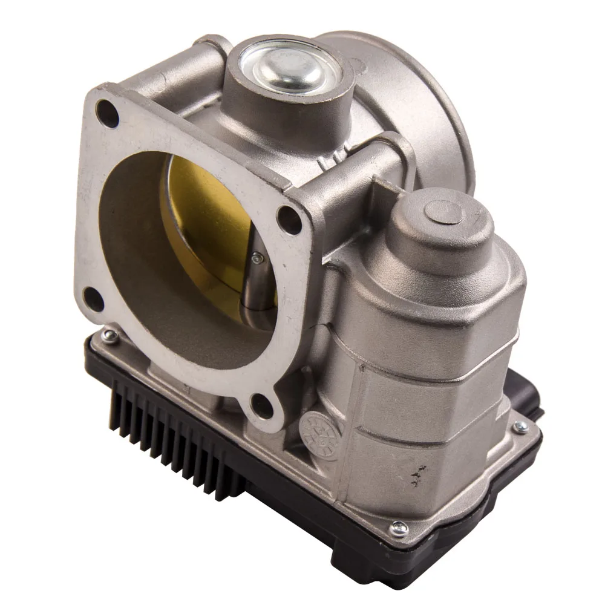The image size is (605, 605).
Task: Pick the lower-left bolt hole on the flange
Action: tap(93, 297)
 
